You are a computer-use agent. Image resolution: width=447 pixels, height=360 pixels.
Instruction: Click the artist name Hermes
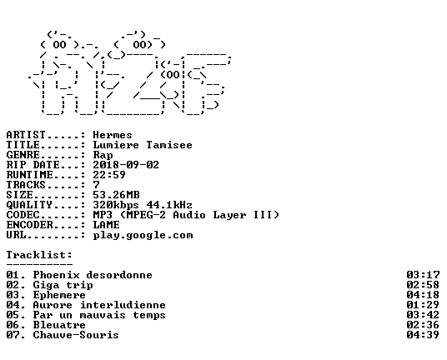(113, 135)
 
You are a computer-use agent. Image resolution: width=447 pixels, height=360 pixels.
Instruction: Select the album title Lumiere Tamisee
(143, 145)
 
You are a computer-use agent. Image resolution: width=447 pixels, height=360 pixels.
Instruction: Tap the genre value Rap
(103, 155)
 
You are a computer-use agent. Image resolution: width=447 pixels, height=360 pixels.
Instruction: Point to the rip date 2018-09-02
(126, 165)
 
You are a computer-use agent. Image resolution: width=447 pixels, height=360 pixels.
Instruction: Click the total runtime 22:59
(109, 175)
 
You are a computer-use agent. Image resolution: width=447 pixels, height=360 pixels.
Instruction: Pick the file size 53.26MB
(116, 195)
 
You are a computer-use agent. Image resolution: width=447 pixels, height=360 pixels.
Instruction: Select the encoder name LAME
(106, 225)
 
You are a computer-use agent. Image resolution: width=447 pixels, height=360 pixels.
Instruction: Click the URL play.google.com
(143, 235)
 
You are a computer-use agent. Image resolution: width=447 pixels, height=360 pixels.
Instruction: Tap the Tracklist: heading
(39, 255)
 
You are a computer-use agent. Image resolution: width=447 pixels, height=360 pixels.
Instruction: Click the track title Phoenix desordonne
(93, 275)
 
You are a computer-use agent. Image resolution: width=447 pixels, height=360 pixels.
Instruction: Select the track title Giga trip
(63, 285)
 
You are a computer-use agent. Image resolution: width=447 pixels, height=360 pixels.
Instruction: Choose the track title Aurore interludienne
(99, 305)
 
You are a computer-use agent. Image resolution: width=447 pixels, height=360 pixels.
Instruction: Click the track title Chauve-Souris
(76, 335)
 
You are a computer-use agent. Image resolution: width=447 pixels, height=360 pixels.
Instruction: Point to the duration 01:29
(423, 305)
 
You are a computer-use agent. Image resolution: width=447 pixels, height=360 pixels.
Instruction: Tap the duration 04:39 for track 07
(423, 335)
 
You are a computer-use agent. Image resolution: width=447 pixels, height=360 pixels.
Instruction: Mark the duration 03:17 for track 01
(423, 275)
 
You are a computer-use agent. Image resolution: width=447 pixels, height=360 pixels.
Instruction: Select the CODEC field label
(23, 215)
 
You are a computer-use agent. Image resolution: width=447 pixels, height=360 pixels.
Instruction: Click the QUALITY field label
(29, 205)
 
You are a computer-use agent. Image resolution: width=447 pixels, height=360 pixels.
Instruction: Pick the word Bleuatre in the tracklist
(59, 325)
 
